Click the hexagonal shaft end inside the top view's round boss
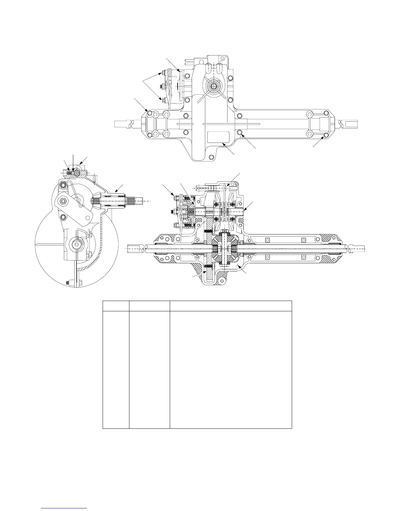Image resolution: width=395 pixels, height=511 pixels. click(x=213, y=85)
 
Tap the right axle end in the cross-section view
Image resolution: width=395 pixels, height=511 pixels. click(x=358, y=249)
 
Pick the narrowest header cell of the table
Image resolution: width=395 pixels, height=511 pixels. click(x=116, y=306)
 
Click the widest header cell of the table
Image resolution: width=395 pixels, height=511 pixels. click(x=231, y=306)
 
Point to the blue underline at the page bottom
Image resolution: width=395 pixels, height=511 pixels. click(x=65, y=508)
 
